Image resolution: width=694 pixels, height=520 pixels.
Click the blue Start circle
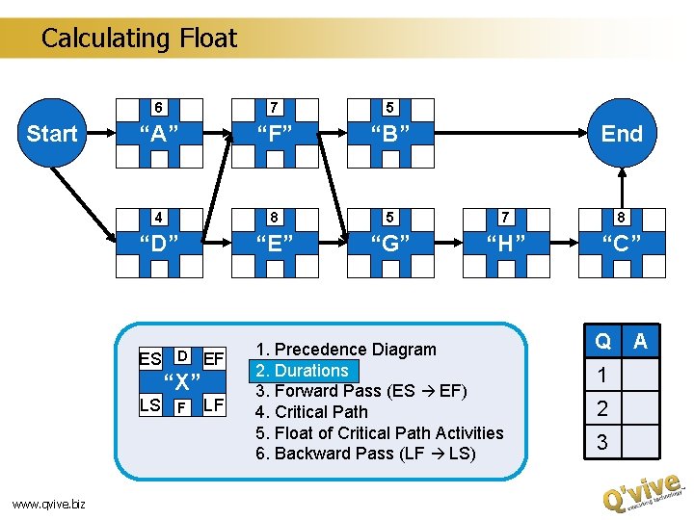[51, 133]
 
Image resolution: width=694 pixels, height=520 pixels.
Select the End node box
[622, 134]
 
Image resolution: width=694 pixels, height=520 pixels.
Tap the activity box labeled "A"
[159, 134]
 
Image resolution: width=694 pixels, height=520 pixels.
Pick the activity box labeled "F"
[275, 134]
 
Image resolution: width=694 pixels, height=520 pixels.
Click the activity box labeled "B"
[390, 134]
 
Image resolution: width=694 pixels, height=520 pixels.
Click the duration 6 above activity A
[159, 107]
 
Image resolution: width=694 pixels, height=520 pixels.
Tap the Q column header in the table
[602, 341]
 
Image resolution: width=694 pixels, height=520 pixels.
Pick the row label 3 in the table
[602, 442]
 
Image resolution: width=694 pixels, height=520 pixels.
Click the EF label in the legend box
[214, 359]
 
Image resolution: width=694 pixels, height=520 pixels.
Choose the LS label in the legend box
[149, 404]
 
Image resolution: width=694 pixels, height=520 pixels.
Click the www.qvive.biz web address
[48, 503]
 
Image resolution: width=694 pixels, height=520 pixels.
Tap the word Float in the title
[207, 39]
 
